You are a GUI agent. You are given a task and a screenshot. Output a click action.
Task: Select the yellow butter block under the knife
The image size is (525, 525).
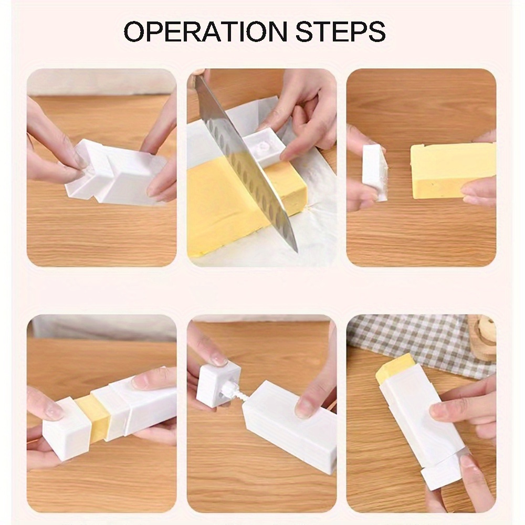[x=231, y=210]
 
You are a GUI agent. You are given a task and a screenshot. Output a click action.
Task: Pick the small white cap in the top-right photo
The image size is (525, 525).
[x=375, y=172]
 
